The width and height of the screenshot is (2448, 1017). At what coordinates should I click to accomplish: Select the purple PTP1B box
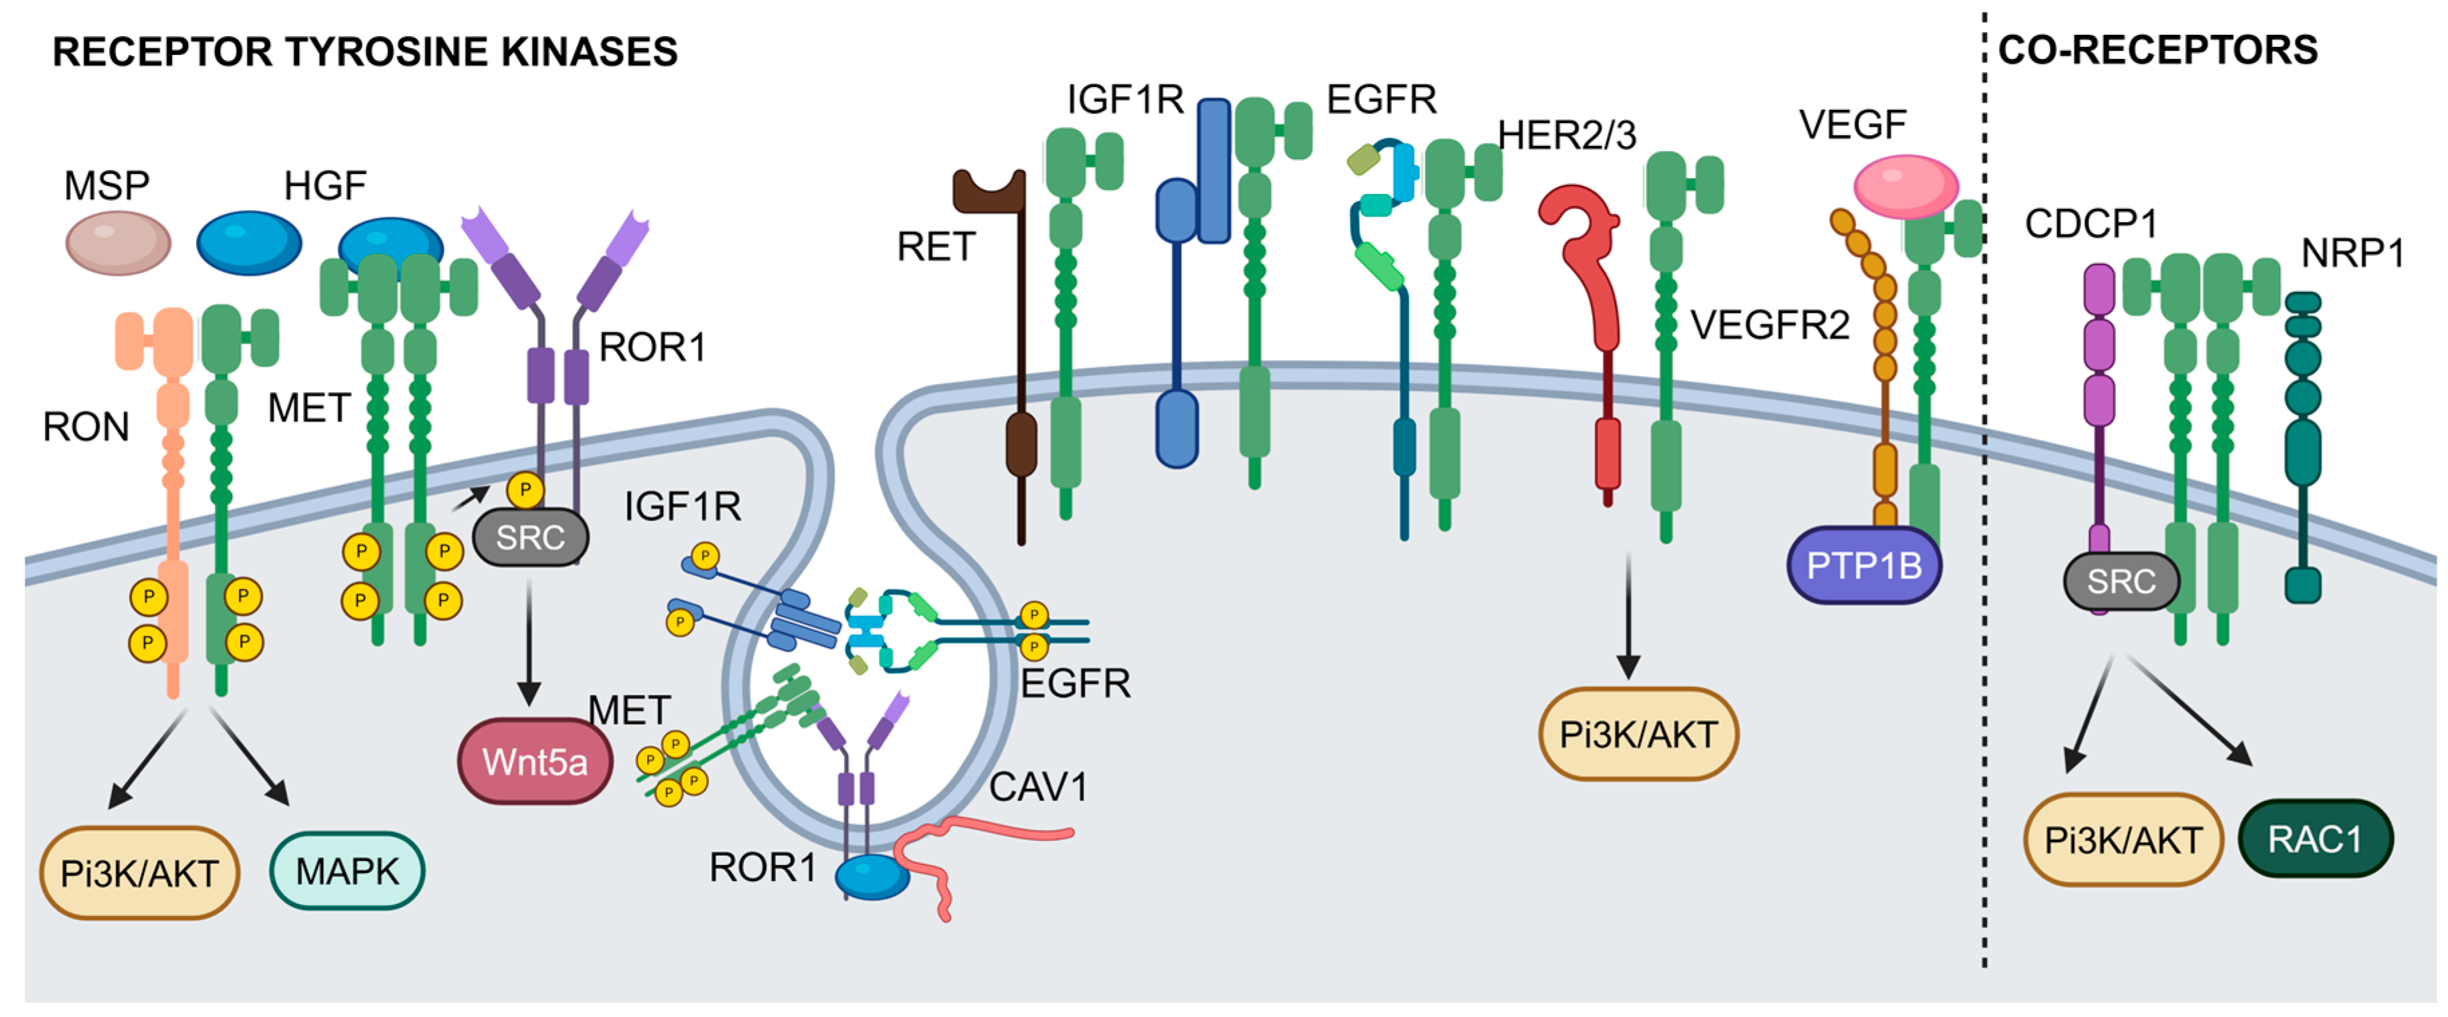(x=1864, y=565)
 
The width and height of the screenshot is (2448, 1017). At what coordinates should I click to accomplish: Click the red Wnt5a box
(x=535, y=761)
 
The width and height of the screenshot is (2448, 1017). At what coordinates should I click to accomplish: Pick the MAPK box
(x=347, y=870)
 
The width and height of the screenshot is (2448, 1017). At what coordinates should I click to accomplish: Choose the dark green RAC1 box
(x=2315, y=838)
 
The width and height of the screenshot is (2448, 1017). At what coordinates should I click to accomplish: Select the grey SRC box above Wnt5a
(x=530, y=537)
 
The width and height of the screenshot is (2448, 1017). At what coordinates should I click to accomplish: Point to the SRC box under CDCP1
(x=2121, y=581)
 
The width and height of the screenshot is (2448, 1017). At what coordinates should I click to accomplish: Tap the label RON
(x=86, y=427)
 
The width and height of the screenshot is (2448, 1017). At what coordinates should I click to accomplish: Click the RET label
(x=936, y=247)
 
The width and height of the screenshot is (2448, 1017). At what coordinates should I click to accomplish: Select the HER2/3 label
(x=1567, y=136)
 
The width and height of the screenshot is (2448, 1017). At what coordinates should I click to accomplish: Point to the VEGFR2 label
(x=1769, y=325)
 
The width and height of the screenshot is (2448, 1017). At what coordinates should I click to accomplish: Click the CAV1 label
(x=1038, y=787)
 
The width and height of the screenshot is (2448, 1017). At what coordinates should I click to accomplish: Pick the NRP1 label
(x=2353, y=253)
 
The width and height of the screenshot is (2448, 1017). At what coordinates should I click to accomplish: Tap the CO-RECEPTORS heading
(x=2158, y=50)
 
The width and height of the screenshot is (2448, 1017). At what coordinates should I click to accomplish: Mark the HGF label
(x=325, y=185)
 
